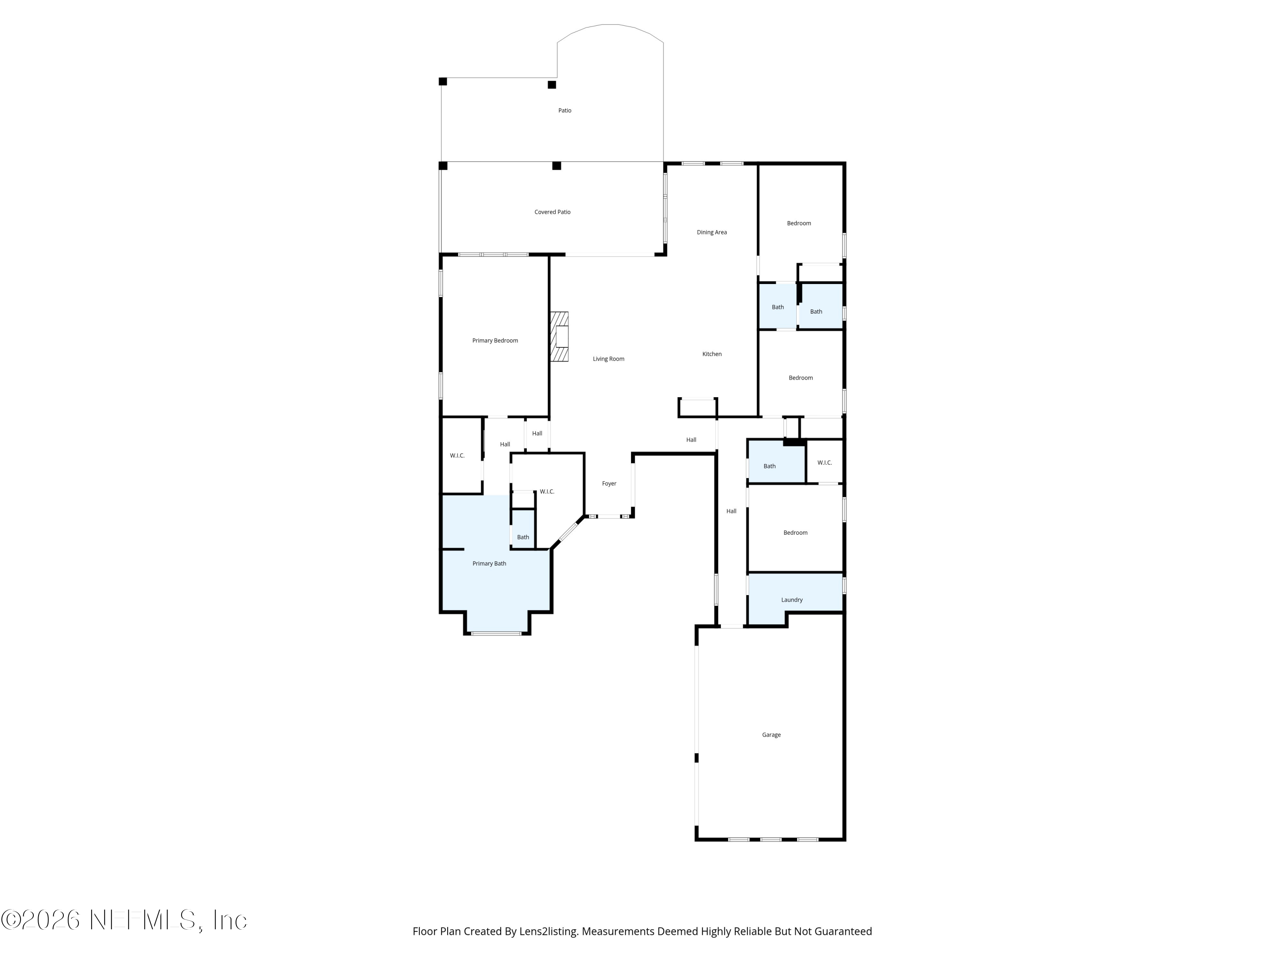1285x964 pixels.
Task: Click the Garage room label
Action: (x=771, y=735)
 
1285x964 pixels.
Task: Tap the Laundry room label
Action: (x=792, y=600)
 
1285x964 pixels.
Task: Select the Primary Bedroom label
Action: (x=495, y=341)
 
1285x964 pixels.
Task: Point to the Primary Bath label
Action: (x=489, y=564)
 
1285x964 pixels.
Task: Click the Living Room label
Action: (x=608, y=359)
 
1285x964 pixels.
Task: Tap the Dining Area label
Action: (x=711, y=232)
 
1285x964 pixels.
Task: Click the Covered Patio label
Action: (x=553, y=212)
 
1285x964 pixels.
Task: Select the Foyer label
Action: (x=609, y=483)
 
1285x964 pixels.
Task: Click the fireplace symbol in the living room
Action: (x=559, y=337)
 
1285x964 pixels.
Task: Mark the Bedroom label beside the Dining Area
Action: (x=799, y=223)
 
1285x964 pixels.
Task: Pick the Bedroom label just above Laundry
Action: (x=795, y=533)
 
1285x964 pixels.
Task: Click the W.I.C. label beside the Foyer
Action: (x=547, y=491)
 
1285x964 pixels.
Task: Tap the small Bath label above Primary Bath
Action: (x=523, y=538)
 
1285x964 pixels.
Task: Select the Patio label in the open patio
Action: (x=565, y=111)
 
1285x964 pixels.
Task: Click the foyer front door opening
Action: (x=608, y=516)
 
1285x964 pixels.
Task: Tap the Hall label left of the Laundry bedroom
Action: (x=732, y=511)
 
